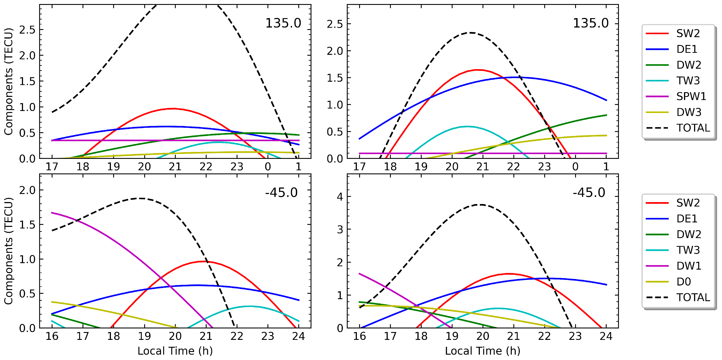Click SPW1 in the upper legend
(691, 96)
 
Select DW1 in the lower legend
(689, 266)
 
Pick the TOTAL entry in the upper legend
(693, 128)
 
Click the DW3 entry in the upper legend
(689, 112)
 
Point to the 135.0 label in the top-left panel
(283, 23)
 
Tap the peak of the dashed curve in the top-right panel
(471, 33)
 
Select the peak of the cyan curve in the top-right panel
(467, 126)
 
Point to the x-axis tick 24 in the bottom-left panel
(298, 336)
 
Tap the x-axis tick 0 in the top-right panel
(575, 166)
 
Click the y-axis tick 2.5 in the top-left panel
(27, 30)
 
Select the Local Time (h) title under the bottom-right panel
(483, 351)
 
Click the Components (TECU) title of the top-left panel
(8, 81)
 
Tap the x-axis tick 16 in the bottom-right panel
(359, 336)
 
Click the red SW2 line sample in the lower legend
(657, 203)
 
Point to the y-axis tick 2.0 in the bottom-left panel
(27, 190)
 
